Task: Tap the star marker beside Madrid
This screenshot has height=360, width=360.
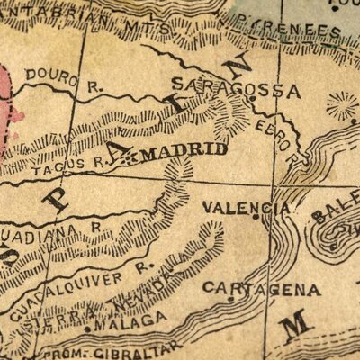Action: [x=132, y=156]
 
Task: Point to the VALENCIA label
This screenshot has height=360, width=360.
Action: [x=246, y=208]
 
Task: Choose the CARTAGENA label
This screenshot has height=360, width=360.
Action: [x=262, y=290]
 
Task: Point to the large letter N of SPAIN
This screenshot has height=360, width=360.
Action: [x=240, y=66]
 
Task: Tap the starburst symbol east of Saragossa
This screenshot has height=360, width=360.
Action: [x=342, y=106]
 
